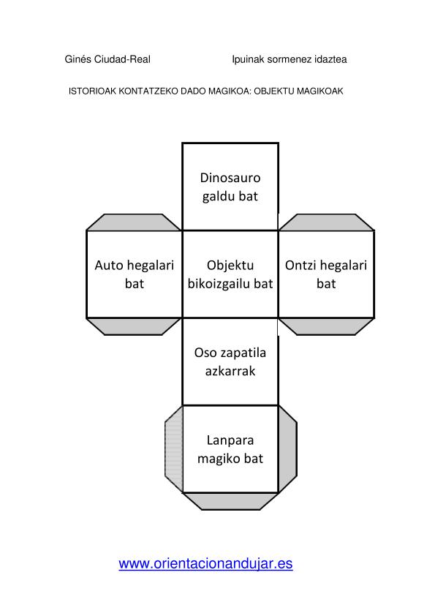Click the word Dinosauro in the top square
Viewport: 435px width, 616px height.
coord(230,178)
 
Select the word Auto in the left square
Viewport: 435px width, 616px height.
coord(108,265)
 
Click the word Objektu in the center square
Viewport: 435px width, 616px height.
coord(230,266)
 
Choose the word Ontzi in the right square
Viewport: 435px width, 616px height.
coord(300,265)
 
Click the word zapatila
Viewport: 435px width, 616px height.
coord(243,353)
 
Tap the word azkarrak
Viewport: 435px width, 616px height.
coord(230,371)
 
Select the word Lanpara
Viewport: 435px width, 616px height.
coord(230,440)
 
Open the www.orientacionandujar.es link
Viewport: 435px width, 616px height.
coord(205,564)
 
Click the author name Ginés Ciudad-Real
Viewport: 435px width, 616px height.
coord(107,59)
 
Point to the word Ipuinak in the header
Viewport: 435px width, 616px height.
coord(248,60)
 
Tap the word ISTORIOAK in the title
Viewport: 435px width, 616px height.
coord(93,91)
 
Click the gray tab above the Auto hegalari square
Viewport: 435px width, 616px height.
coord(134,222)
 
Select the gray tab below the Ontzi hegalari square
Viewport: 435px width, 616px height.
coord(326,326)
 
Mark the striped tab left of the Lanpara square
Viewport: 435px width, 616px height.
coord(174,448)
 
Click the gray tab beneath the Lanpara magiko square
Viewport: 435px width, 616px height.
coord(231,501)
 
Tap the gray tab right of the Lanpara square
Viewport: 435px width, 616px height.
coord(287,448)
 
